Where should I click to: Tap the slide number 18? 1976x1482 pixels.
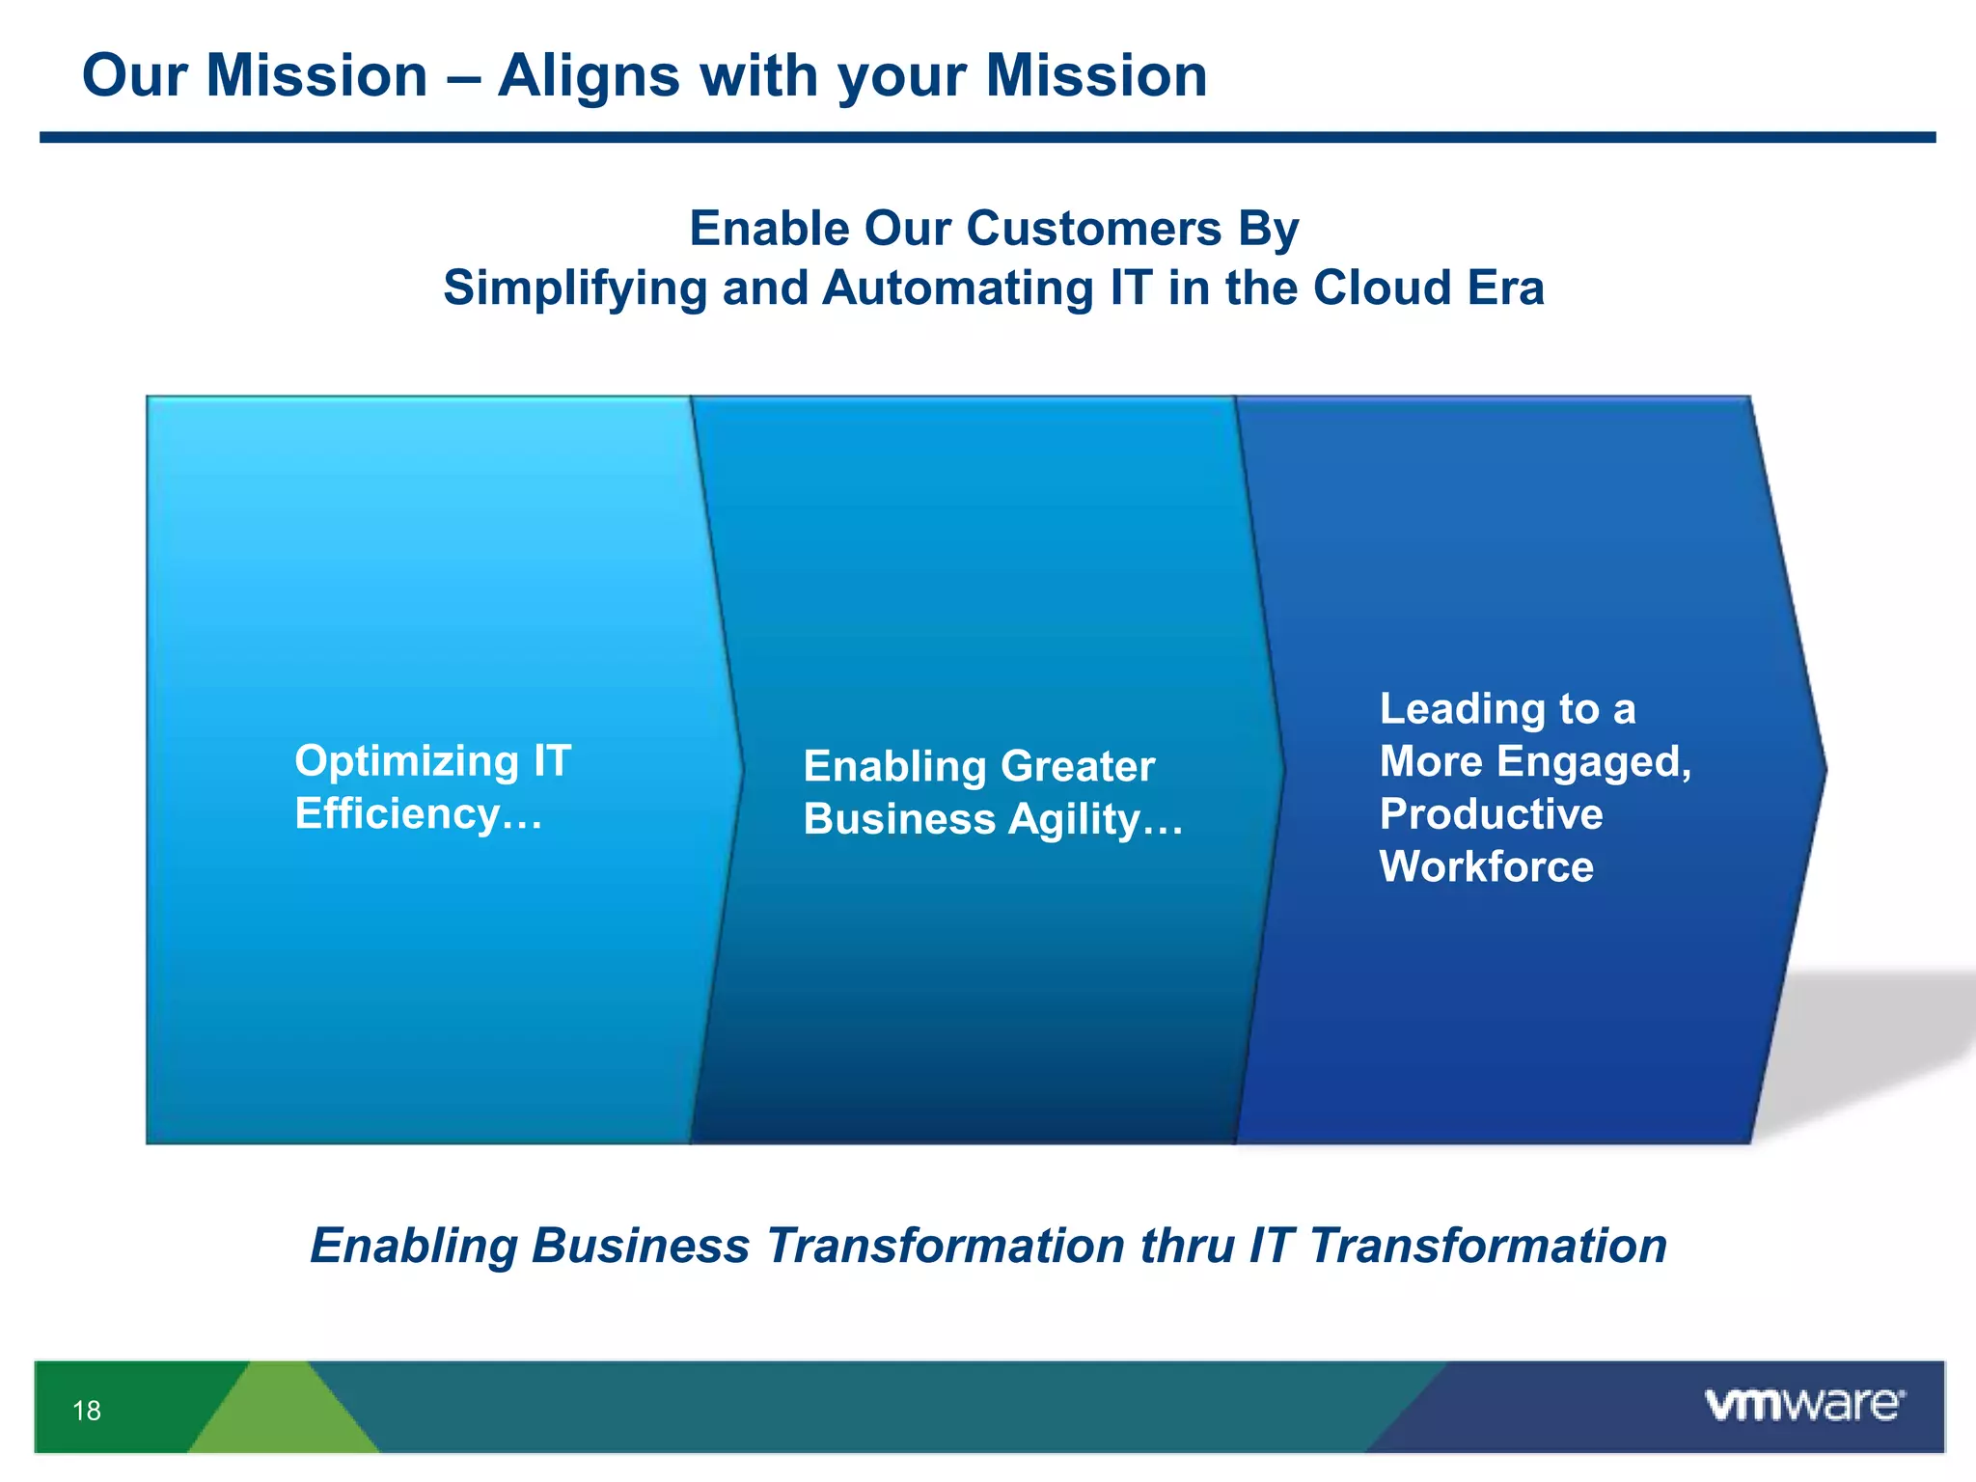pos(87,1411)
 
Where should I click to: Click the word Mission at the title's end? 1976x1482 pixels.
pos(1096,75)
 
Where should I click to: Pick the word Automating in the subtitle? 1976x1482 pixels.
pos(958,288)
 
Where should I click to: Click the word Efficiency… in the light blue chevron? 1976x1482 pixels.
pos(419,813)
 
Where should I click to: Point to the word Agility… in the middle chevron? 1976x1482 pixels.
pos(1095,820)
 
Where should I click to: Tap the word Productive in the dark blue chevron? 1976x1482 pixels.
pos(1491,814)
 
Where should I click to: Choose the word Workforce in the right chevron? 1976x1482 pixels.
pos(1486,866)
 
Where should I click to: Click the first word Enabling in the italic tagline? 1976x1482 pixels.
pos(414,1246)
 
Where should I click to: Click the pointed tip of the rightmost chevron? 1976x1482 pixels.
pos(1822,769)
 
